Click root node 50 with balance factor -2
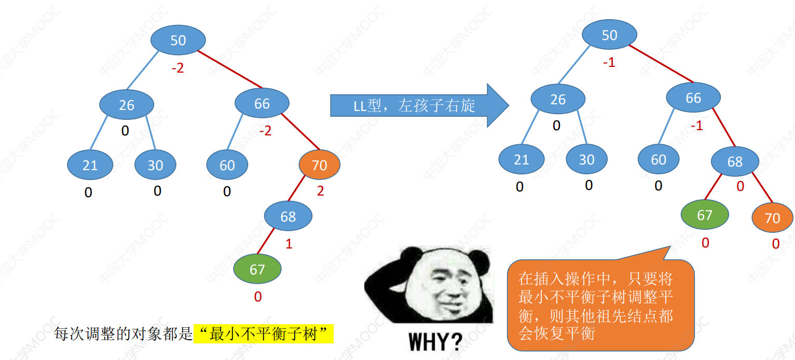[178, 40]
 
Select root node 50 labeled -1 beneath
[609, 35]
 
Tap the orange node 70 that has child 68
[320, 165]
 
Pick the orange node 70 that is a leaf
[772, 218]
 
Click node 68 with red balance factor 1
[288, 216]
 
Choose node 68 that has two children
[735, 162]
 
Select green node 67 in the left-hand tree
[257, 269]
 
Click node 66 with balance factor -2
[262, 103]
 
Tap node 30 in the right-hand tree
[587, 159]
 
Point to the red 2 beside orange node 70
[321, 191]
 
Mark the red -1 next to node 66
[697, 126]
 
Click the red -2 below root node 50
[178, 68]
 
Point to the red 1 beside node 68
[289, 244]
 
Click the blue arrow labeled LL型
[419, 105]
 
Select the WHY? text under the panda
[435, 342]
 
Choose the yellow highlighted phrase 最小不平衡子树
[263, 334]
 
